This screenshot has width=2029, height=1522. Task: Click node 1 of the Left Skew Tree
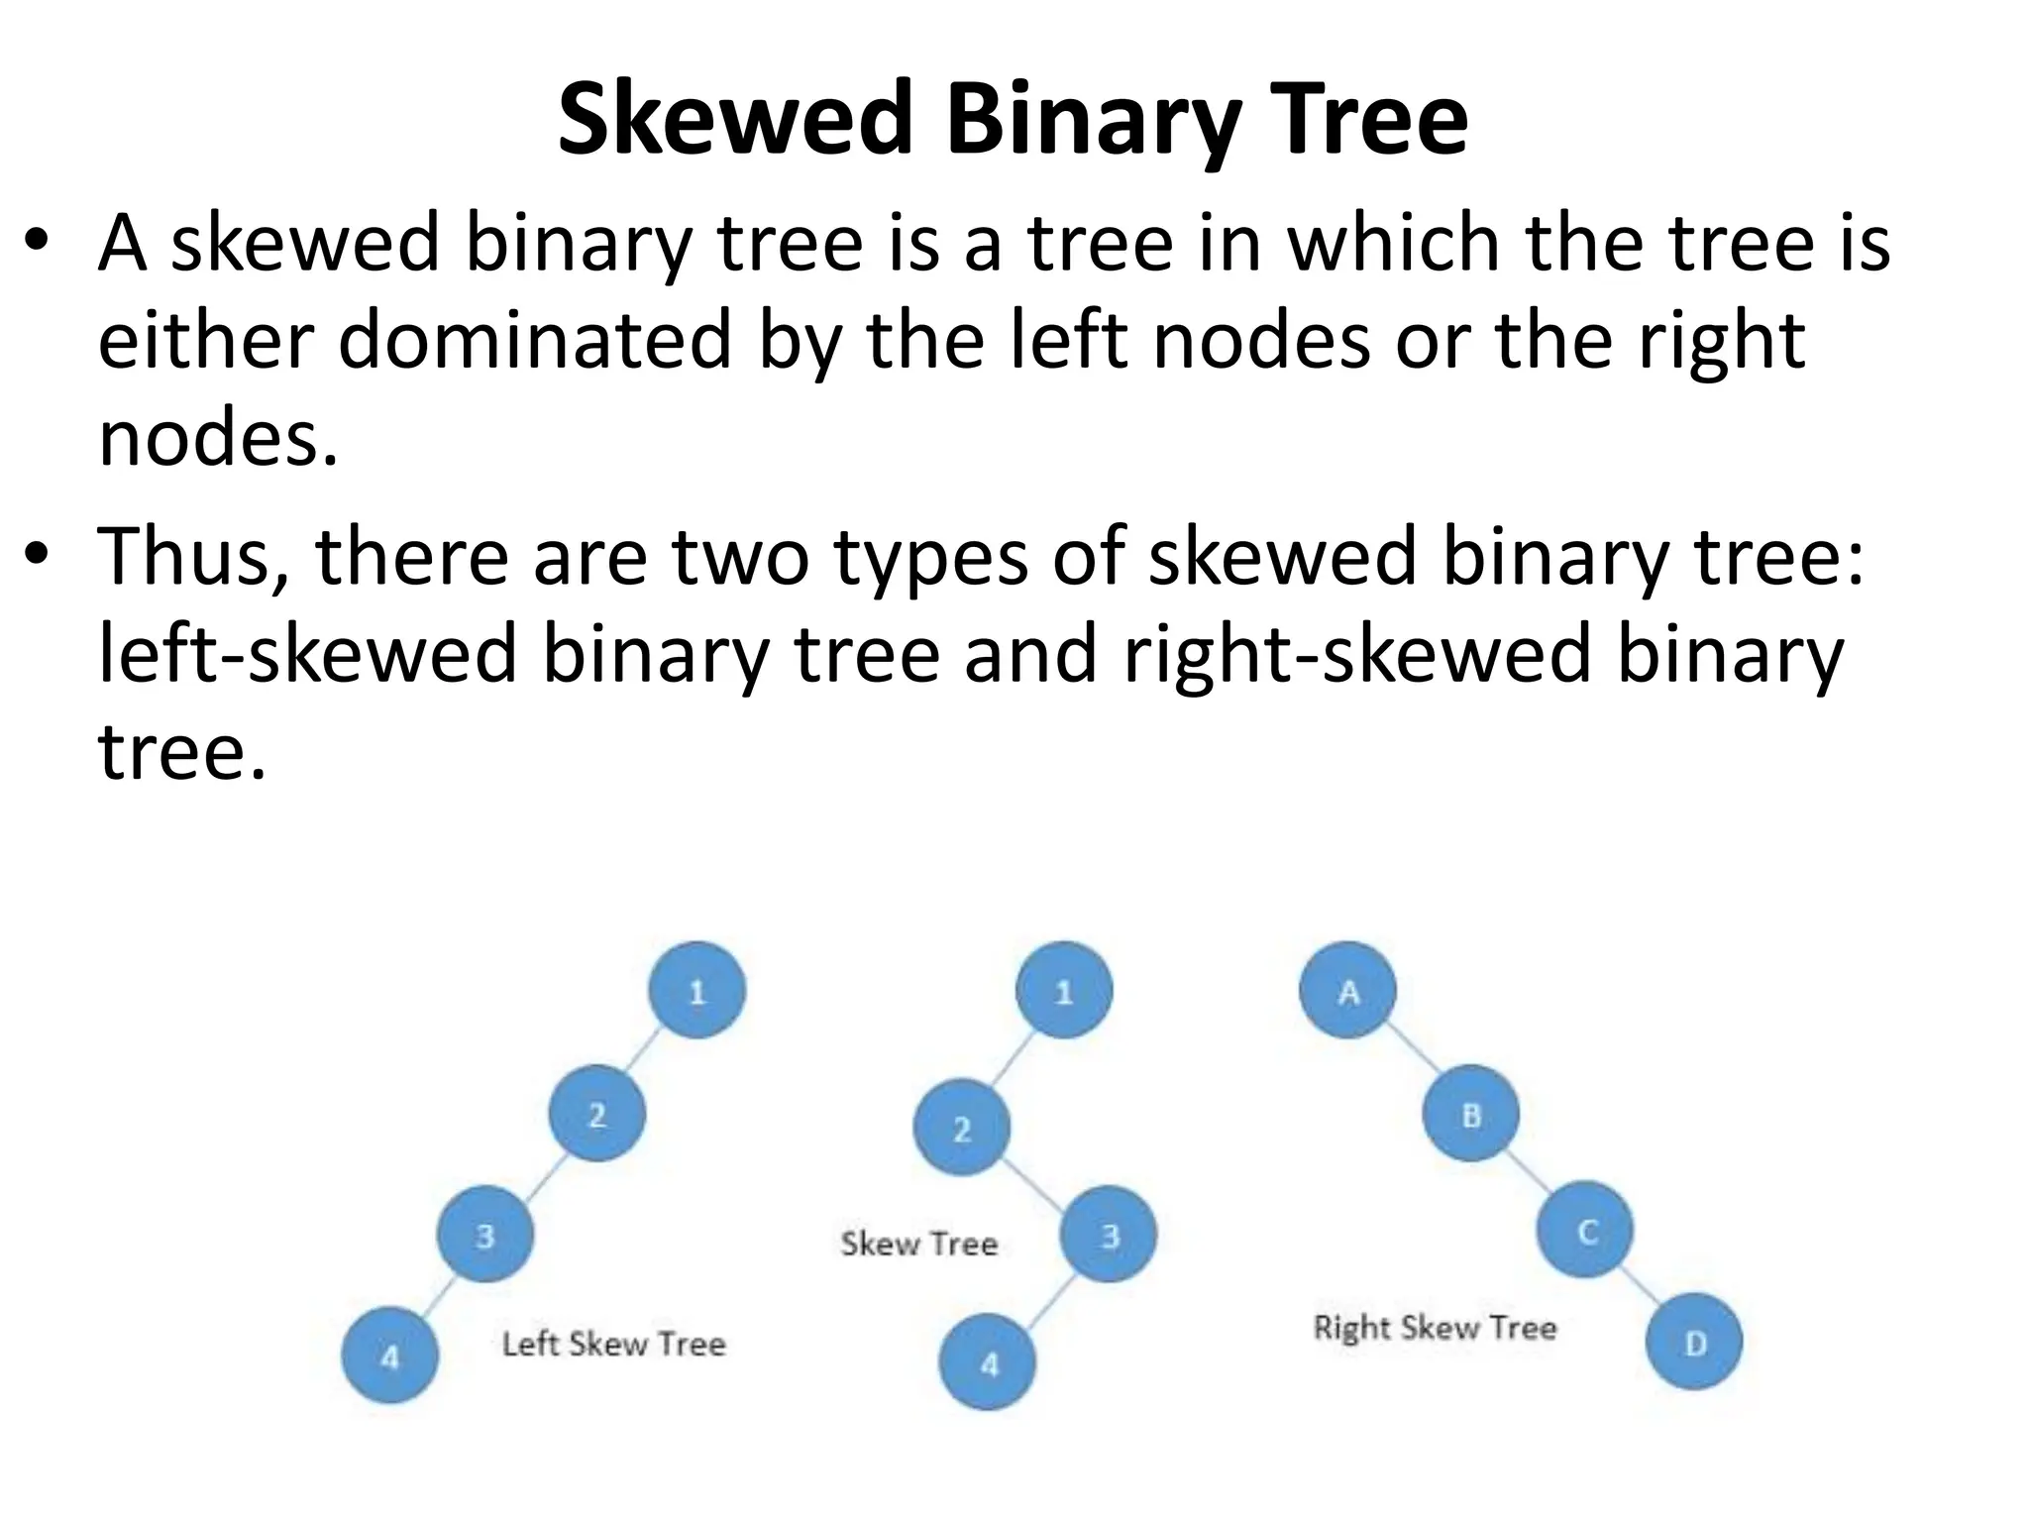696,990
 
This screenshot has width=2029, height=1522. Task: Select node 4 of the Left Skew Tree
390,1356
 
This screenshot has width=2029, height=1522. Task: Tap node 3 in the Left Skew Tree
485,1235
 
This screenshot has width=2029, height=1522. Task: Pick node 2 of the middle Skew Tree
961,1128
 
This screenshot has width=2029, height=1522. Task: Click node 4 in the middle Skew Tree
988,1362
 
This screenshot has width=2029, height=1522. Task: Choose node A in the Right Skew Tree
1347,990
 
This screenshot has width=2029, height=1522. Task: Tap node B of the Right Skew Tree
1471,1114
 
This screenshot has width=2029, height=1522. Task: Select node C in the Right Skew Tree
1585,1230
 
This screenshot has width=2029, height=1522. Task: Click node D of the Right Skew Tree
1694,1342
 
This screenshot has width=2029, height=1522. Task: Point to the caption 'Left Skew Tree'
614,1344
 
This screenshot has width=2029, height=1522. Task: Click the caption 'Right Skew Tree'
1435,1327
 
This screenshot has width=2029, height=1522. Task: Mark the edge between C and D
1641,1287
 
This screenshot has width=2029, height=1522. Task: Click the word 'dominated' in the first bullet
535,341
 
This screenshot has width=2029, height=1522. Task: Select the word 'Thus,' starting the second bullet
193,557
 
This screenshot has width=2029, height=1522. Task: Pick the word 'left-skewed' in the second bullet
308,654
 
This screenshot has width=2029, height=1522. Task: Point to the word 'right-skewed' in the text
1356,654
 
